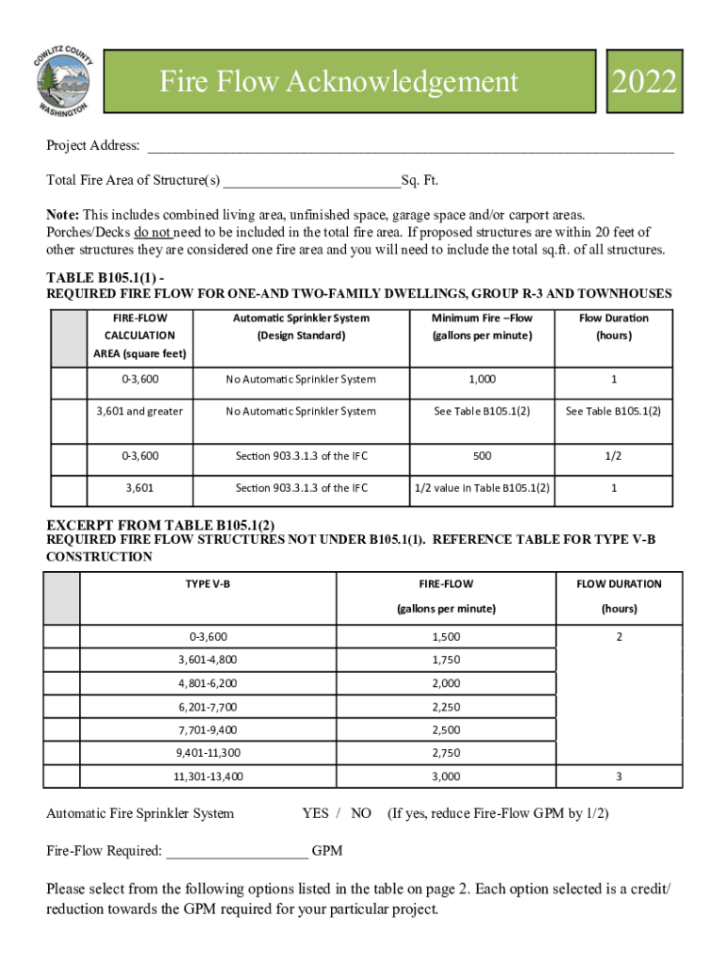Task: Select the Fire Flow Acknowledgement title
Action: pos(338,82)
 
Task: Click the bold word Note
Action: pos(63,215)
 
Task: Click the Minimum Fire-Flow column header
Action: pos(482,327)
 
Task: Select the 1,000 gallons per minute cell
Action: pos(482,379)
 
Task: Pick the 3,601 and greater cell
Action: pos(140,411)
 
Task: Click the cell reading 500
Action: pos(482,455)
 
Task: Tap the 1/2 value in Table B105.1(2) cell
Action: pos(482,488)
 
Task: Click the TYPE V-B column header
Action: pos(207,583)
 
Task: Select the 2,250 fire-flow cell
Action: pos(446,707)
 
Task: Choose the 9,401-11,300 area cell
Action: pos(207,753)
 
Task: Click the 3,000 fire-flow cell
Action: pos(446,777)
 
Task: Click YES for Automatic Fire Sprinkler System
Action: pos(315,813)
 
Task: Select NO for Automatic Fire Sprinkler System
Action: pos(361,813)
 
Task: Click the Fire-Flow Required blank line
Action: pos(238,852)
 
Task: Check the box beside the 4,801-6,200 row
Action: pos(62,683)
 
